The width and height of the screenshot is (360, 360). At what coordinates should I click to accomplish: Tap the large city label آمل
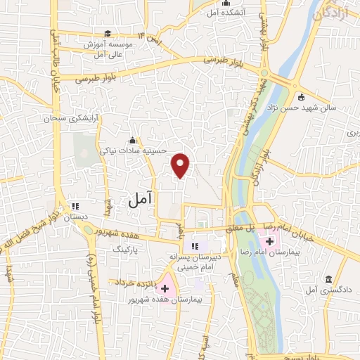141,200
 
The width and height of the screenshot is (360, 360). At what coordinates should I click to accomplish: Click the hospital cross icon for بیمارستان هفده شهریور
165,288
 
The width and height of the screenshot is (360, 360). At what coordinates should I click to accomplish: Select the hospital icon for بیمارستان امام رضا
271,241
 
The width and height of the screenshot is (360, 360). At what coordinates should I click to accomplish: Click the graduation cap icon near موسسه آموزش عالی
108,33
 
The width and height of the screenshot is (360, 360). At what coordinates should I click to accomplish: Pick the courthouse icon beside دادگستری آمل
328,280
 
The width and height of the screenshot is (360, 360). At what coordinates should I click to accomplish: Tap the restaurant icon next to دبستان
75,207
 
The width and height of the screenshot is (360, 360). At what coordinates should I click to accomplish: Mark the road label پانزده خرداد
131,282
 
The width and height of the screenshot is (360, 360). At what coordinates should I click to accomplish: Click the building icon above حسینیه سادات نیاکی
133,139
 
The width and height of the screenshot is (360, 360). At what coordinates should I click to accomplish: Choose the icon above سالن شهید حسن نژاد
301,97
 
